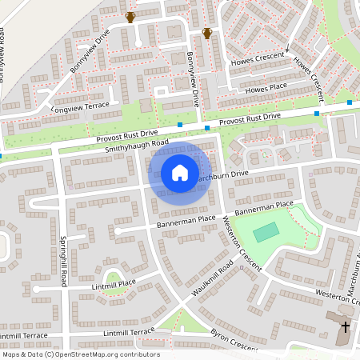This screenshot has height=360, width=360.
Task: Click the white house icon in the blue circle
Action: point(179,172)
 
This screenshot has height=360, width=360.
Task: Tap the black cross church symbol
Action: point(346,327)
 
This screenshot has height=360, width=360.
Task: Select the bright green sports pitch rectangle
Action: point(267,232)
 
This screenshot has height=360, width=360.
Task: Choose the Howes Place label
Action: point(267,86)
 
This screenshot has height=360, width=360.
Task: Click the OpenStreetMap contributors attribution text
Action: point(80,354)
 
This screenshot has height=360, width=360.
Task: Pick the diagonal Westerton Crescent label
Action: point(242,244)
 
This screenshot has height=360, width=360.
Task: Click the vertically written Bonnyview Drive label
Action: point(192,80)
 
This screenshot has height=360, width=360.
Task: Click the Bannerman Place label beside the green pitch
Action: point(265,207)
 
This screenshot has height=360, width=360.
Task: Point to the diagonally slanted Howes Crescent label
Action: point(306,72)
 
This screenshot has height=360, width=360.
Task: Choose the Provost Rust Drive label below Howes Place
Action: point(250,118)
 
